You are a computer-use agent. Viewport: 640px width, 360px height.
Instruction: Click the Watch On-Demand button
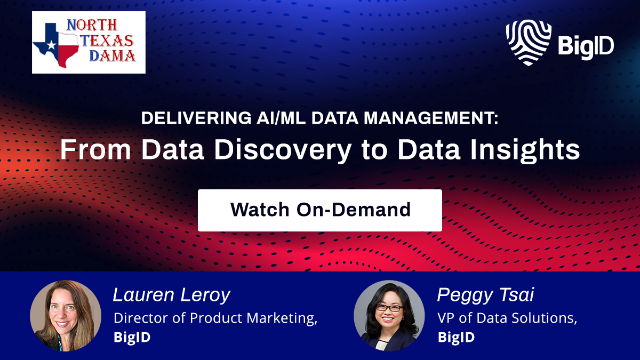pos(320,210)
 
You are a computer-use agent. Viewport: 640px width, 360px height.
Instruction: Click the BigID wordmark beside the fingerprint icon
pos(586,46)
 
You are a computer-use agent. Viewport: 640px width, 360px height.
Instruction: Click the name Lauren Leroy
pos(171,294)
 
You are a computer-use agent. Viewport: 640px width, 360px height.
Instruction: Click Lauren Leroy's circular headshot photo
pos(65,316)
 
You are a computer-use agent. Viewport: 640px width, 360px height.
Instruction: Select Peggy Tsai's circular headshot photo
pos(389,316)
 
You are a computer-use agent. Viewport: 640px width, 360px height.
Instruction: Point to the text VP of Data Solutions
pos(507,318)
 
